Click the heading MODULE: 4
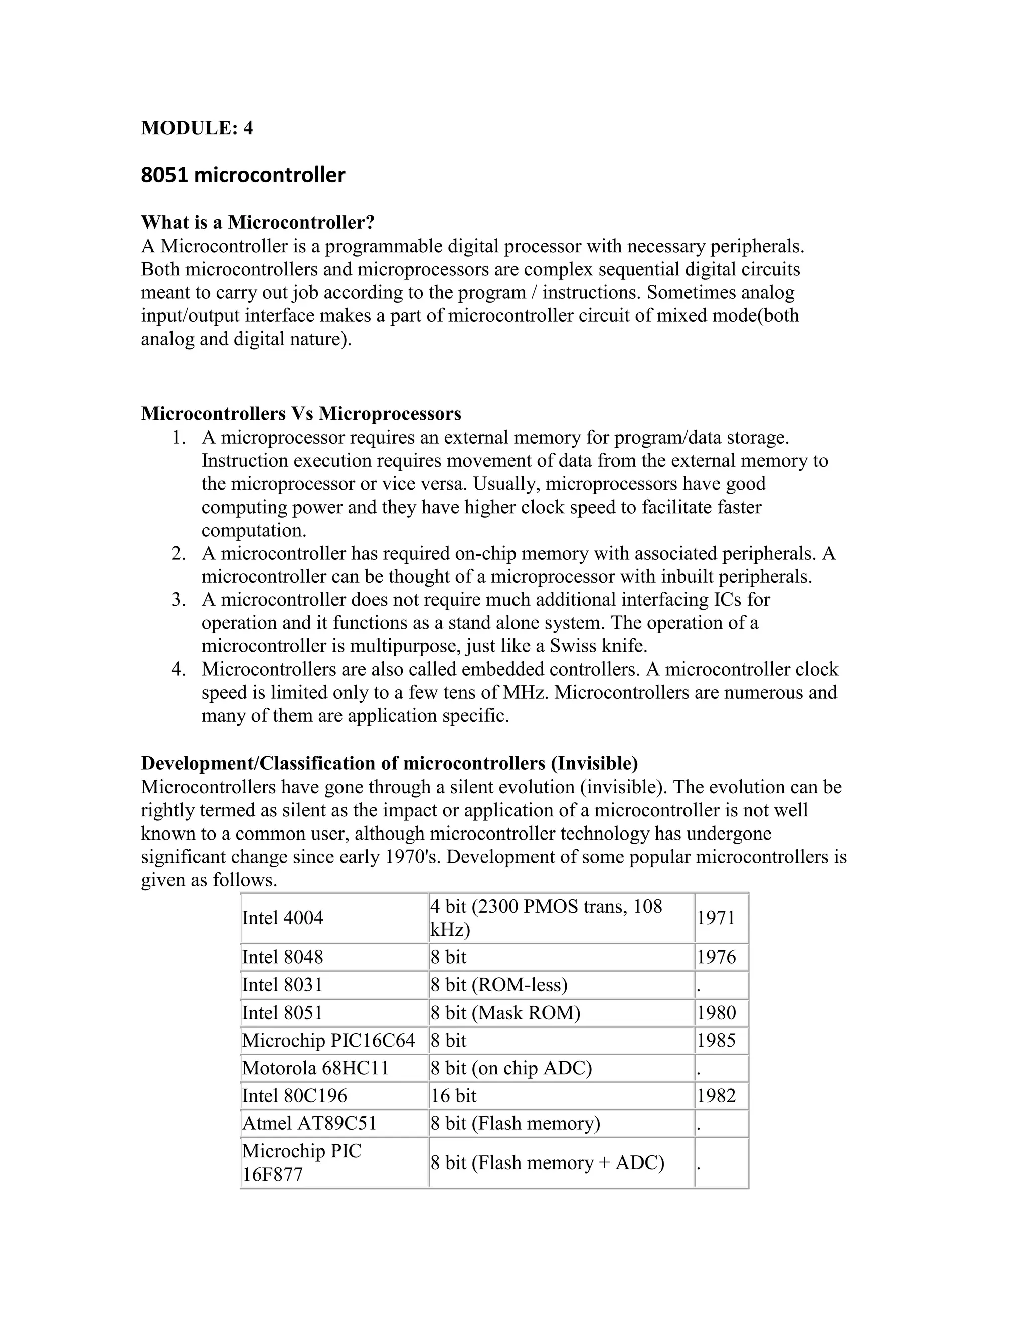(197, 128)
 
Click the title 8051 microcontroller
(243, 175)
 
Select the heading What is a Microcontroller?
(257, 223)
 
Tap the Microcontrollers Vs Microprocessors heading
(301, 414)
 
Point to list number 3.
(178, 600)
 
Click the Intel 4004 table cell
(283, 918)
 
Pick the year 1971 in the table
(716, 918)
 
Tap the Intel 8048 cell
(283, 958)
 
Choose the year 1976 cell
(716, 958)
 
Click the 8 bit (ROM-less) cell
(499, 985)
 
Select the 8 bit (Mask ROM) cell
(505, 1013)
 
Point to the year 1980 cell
(716, 1013)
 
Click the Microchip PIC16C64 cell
(328, 1041)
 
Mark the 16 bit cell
(453, 1096)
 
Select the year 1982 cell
(716, 1096)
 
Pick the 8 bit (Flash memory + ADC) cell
(547, 1163)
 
